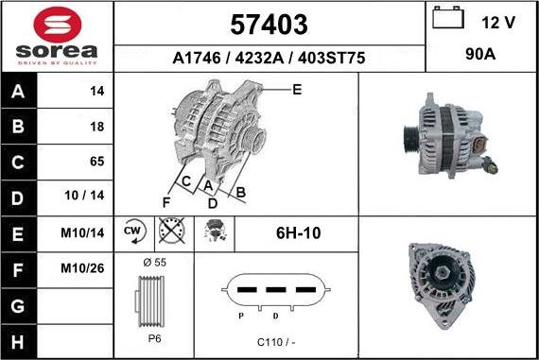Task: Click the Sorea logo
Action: (x=57, y=36)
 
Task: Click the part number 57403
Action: (x=269, y=24)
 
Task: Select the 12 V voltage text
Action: (x=497, y=22)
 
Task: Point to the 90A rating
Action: (x=481, y=56)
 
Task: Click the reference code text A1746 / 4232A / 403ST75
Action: (x=269, y=58)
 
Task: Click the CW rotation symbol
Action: (x=132, y=231)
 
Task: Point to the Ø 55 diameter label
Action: (x=152, y=261)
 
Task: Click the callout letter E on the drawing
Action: (x=296, y=90)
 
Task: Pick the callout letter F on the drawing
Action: (x=166, y=201)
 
